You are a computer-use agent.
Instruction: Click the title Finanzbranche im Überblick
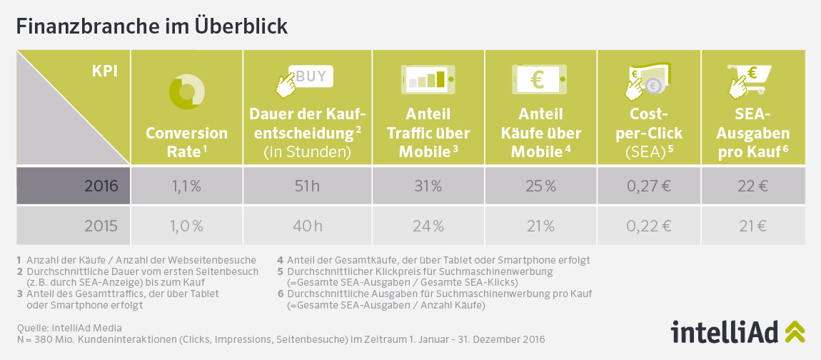(151, 26)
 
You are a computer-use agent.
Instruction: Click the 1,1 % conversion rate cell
(186, 186)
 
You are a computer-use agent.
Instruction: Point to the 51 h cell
(307, 186)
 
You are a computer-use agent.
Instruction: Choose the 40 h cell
(307, 226)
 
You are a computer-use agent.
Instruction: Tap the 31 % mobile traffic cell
(428, 186)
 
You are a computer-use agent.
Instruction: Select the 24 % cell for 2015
(428, 226)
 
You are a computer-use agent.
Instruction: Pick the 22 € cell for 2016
(753, 186)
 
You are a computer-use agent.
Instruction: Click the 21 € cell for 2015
(753, 226)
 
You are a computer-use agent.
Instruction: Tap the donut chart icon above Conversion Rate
(186, 91)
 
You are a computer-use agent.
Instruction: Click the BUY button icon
(311, 75)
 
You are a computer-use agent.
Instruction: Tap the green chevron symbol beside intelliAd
(794, 331)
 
